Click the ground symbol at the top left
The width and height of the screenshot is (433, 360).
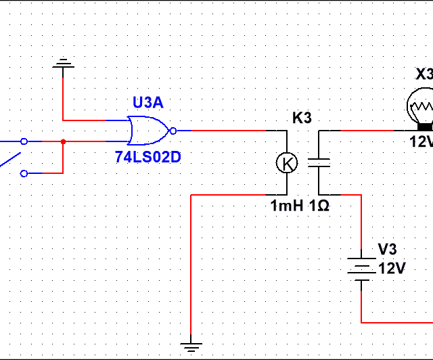click(x=63, y=64)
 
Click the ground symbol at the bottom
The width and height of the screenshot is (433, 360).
click(x=192, y=347)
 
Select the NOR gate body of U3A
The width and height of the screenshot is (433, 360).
click(x=147, y=130)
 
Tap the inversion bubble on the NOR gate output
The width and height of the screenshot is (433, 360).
click(x=173, y=130)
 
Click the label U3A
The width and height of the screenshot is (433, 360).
click(x=147, y=104)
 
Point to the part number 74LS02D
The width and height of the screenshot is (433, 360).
click(x=148, y=157)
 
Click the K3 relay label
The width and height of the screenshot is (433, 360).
click(x=302, y=118)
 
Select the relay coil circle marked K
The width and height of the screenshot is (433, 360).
click(x=287, y=162)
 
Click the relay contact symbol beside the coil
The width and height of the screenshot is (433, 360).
click(x=319, y=162)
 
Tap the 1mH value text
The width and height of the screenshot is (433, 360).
click(x=287, y=205)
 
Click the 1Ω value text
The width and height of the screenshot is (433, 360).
click(x=319, y=205)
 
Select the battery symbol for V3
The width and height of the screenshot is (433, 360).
click(x=361, y=268)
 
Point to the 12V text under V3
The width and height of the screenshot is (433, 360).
click(x=392, y=268)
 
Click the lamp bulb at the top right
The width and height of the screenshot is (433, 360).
click(x=421, y=106)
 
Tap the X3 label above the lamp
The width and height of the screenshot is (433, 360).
click(x=424, y=74)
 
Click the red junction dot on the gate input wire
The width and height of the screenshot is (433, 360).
click(x=63, y=141)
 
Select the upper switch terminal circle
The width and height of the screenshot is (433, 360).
click(x=24, y=141)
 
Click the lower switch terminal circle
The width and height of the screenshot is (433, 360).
click(x=24, y=173)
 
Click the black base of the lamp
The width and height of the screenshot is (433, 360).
click(x=425, y=127)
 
